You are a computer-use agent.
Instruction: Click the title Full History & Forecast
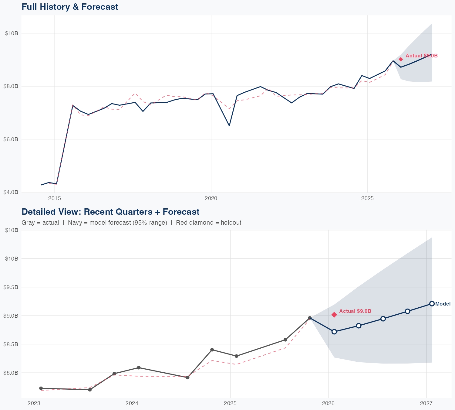[x=70, y=7]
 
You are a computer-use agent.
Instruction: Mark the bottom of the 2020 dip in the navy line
[x=229, y=126]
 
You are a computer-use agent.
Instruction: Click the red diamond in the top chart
[x=401, y=59]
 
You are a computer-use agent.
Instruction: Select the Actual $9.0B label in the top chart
[x=421, y=56]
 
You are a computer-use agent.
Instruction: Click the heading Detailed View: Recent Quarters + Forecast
[x=110, y=212]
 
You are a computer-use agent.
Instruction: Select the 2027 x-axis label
[x=426, y=404]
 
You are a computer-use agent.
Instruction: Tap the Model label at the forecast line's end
[x=443, y=304]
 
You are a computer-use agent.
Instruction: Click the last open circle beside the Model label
[x=432, y=304]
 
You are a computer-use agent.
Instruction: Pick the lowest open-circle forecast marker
[x=334, y=332]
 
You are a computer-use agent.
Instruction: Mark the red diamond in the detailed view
[x=334, y=315]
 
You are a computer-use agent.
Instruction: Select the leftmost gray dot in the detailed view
[x=41, y=388]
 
